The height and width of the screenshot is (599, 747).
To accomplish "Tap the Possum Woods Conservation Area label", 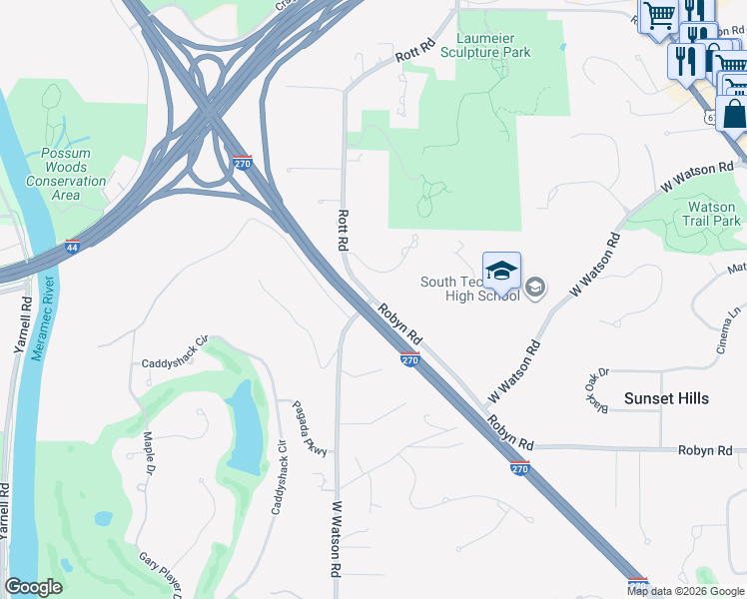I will [x=66, y=175].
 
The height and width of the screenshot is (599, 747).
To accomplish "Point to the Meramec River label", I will [x=39, y=324].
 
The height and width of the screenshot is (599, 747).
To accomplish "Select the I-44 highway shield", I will [x=72, y=245].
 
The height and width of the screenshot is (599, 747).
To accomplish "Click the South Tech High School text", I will [x=469, y=290].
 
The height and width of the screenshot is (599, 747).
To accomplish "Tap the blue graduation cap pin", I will [x=501, y=272].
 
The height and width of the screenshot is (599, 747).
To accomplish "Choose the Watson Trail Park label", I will [x=712, y=214].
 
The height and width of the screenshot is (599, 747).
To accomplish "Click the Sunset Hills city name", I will [x=666, y=398].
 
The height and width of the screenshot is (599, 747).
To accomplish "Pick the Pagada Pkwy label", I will [x=310, y=429].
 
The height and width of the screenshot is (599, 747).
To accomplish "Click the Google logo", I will [x=33, y=587].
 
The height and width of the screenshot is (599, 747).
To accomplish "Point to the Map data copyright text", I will [x=685, y=591].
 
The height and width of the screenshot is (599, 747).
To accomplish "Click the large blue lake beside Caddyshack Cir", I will [x=242, y=427].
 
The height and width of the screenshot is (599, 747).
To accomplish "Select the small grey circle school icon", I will [x=535, y=289].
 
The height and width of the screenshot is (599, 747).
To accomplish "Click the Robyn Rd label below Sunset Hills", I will [x=705, y=450].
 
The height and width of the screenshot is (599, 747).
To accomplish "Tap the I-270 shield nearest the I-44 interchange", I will [x=242, y=163].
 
